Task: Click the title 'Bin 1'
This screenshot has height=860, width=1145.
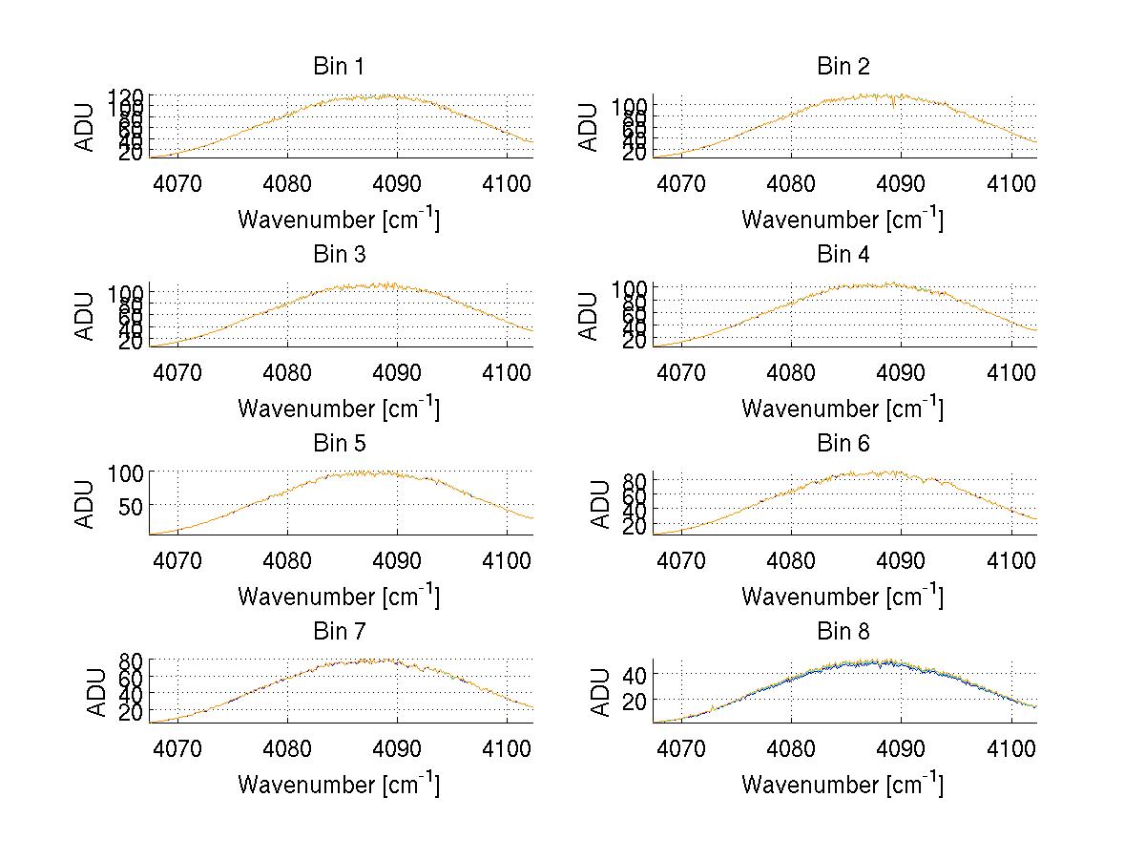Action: coord(338,67)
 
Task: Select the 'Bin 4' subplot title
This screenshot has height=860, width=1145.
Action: coord(843,255)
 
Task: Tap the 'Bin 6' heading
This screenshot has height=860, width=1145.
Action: coord(843,443)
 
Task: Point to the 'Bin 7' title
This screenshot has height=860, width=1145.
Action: coord(338,632)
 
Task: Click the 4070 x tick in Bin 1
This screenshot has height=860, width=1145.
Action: coord(177,183)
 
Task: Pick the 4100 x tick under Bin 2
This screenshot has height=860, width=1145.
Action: coord(1011,183)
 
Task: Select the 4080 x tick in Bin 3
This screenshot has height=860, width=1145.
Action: coord(288,371)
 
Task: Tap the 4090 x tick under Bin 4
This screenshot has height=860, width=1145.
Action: coord(901,371)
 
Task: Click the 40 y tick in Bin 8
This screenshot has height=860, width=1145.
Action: coord(634,674)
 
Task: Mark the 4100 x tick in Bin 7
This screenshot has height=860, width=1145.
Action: coord(508,748)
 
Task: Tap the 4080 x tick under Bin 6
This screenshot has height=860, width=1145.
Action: coord(791,560)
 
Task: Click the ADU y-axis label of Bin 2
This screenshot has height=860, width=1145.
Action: coord(589,126)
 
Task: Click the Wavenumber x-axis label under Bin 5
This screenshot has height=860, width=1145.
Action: coord(338,597)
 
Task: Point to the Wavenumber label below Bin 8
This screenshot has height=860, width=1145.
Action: coord(843,785)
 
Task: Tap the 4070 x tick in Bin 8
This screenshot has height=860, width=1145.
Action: coord(681,748)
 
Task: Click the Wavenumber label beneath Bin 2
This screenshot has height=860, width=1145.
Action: coord(843,220)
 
